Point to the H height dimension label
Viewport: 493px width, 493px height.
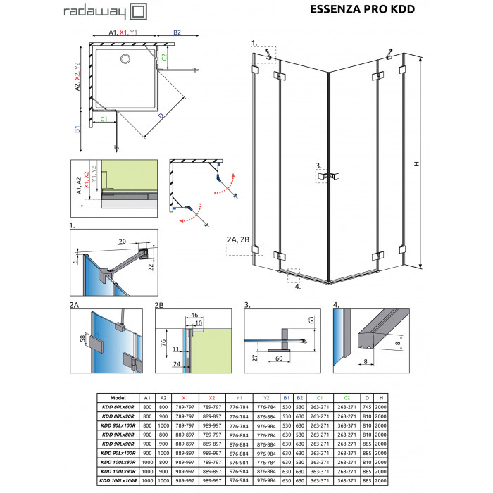click(417, 163)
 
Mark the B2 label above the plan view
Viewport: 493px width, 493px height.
click(177, 32)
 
